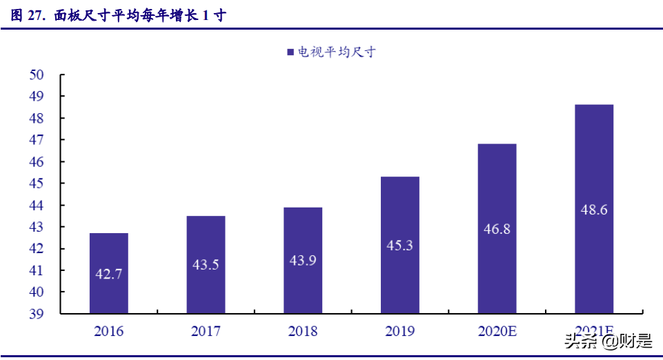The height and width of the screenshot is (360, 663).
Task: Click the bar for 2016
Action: pyautogui.click(x=109, y=273)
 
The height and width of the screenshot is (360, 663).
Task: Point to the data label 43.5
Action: pyautogui.click(x=206, y=264)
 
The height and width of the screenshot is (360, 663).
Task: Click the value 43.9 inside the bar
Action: pyautogui.click(x=303, y=260)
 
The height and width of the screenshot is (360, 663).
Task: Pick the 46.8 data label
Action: pyautogui.click(x=497, y=229)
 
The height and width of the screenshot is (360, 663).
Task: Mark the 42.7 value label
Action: pyautogui.click(x=109, y=274)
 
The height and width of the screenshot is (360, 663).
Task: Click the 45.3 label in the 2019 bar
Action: pyautogui.click(x=399, y=245)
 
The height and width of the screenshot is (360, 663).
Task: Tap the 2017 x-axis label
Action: pyautogui.click(x=206, y=332)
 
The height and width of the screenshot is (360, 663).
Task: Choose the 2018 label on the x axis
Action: pyautogui.click(x=303, y=332)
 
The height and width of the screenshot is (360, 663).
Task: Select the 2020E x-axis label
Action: pyautogui.click(x=497, y=332)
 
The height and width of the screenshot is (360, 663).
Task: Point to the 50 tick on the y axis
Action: pyautogui.click(x=37, y=74)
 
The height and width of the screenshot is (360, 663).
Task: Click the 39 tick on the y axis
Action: pyautogui.click(x=37, y=314)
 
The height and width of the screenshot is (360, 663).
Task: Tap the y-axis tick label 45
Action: pyautogui.click(x=37, y=183)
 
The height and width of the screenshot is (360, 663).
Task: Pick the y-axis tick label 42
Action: pyautogui.click(x=37, y=249)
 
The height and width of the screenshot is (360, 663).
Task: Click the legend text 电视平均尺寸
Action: pyautogui.click(x=336, y=52)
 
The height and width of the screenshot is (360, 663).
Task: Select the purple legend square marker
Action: pyautogui.click(x=290, y=52)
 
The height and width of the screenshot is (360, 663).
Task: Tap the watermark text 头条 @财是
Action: pyautogui.click(x=608, y=340)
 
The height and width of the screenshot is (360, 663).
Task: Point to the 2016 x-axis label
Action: pyautogui.click(x=109, y=332)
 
